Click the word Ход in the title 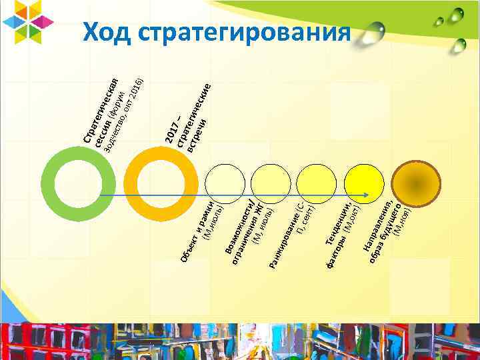[x=109, y=31]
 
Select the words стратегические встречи [x=198, y=116]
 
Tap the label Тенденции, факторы [x=341, y=229]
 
